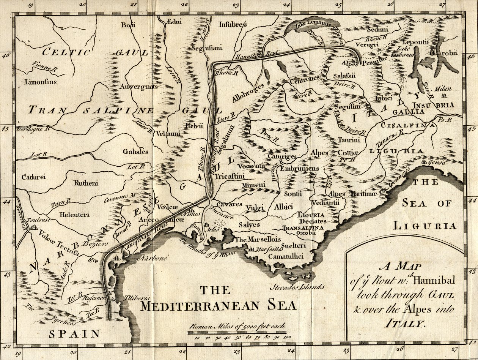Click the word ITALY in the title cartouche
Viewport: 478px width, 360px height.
tap(405, 324)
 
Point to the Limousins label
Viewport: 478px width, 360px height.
tap(40, 82)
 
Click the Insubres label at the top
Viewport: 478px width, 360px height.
tap(233, 25)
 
